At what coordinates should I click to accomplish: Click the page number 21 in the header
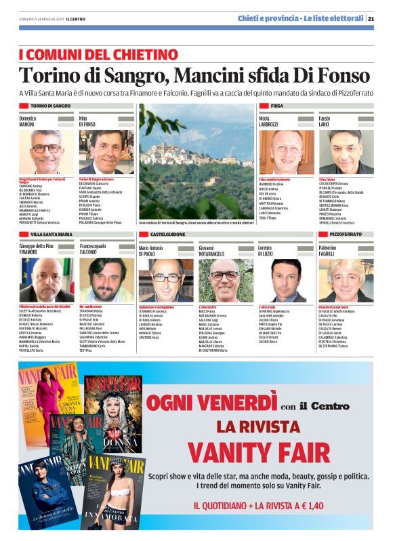[x=371, y=18]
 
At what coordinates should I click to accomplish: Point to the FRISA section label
[x=277, y=106]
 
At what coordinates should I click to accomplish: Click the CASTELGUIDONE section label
[x=163, y=234]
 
